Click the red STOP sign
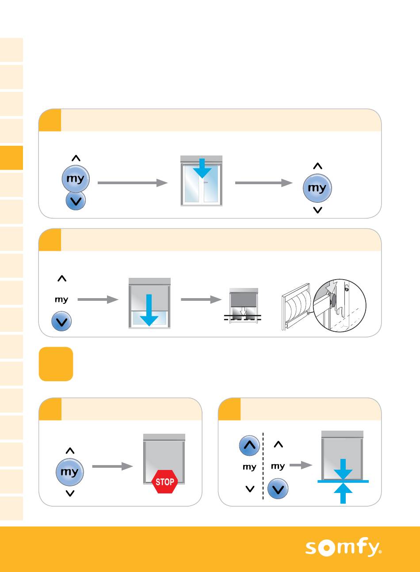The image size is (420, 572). [165, 481]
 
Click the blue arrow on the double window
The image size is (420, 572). [202, 167]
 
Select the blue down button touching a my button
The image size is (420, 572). [76, 201]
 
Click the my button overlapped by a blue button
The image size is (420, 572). [76, 178]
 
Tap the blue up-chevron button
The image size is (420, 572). [250, 445]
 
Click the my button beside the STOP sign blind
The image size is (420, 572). [70, 472]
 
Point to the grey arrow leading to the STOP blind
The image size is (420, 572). [112, 466]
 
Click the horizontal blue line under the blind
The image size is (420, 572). [343, 481]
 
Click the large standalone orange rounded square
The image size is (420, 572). [56, 364]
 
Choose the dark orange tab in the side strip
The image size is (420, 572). [11, 158]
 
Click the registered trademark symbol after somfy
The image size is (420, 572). [380, 552]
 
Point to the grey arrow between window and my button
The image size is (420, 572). [263, 183]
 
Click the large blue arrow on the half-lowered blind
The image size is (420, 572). [149, 310]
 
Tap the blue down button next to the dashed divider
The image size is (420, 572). [278, 489]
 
